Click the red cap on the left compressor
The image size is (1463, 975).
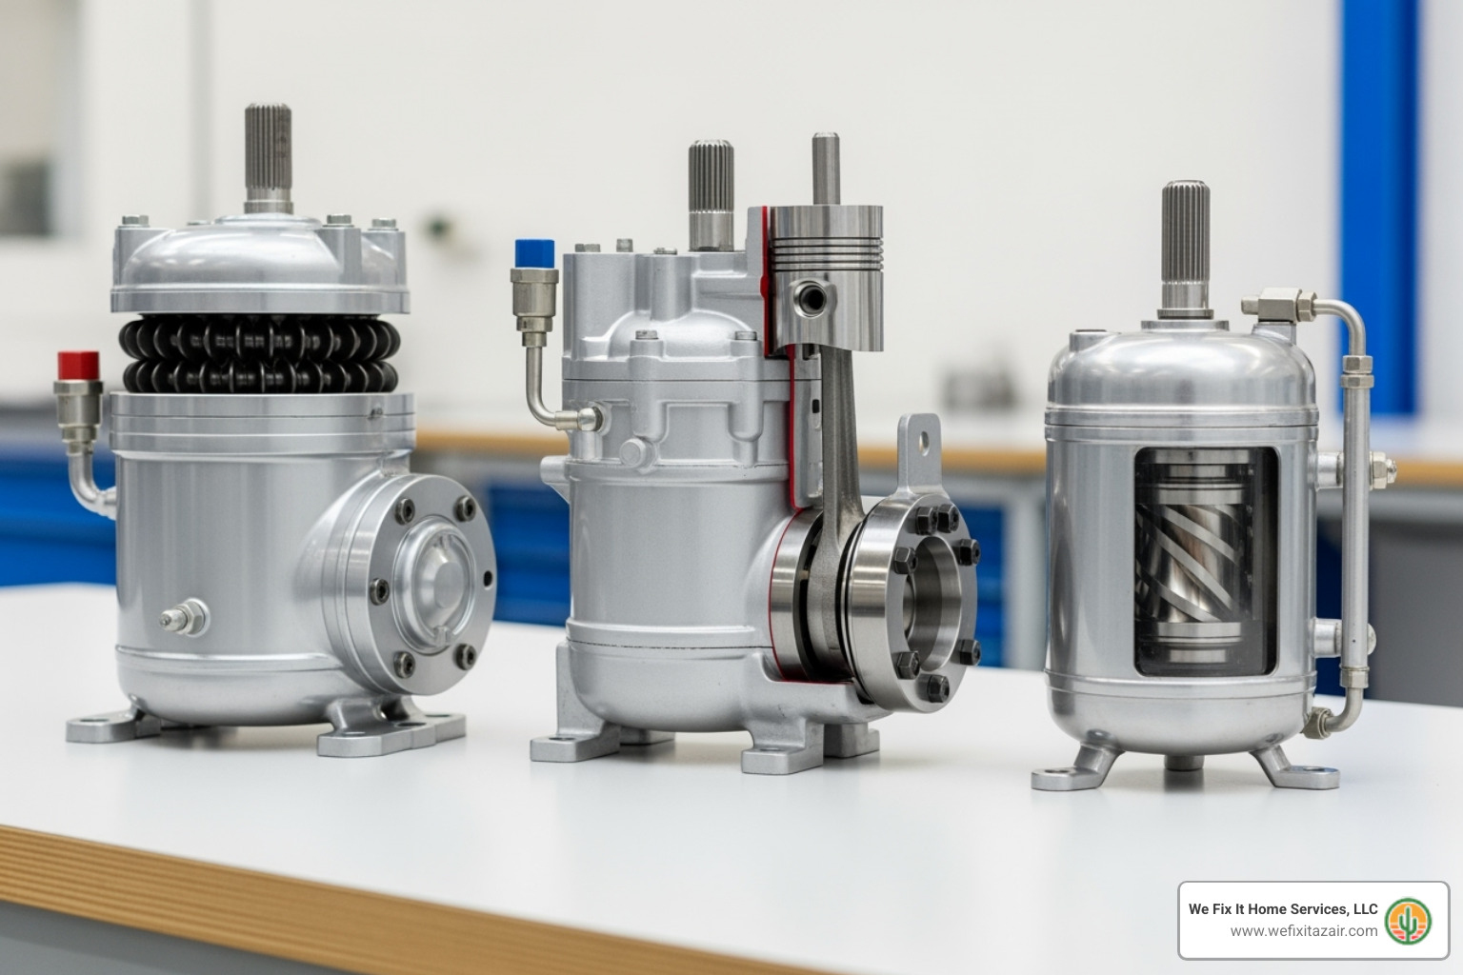coord(78,366)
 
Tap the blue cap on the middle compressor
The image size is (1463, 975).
coord(534,253)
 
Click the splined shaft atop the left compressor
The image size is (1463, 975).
coord(268,153)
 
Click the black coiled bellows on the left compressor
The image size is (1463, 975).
coord(259,354)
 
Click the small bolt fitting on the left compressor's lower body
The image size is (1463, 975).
coord(186,617)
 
